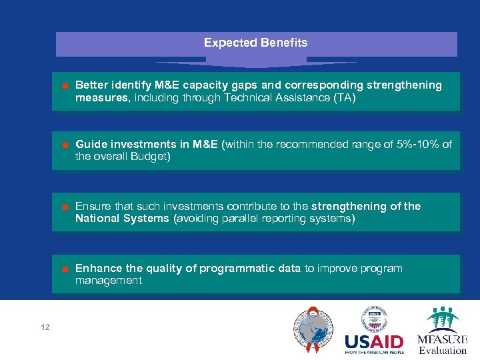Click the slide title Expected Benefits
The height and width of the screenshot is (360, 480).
[x=255, y=43]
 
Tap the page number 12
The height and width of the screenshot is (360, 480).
[x=45, y=327]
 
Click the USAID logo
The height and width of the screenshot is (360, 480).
[x=374, y=331]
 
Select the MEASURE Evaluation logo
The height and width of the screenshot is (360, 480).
[x=442, y=331]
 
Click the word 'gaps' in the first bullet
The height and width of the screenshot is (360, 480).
[x=245, y=85]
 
